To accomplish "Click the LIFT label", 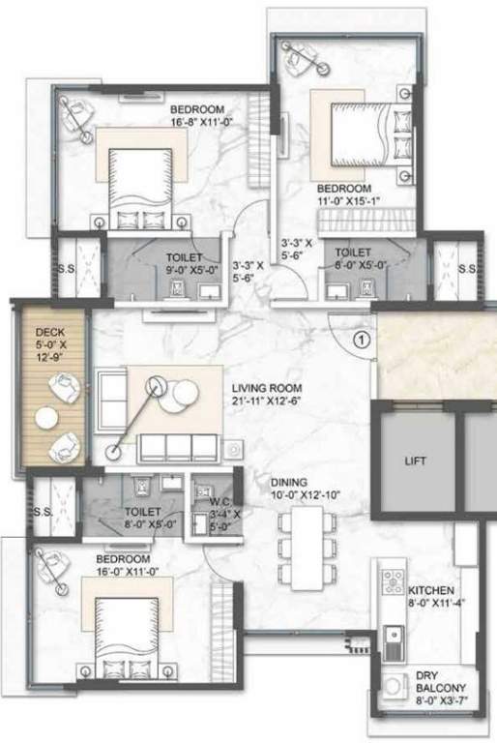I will (x=414, y=461).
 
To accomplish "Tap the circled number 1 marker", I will (x=360, y=340).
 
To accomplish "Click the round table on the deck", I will (x=46, y=417).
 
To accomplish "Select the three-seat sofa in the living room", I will (x=178, y=446).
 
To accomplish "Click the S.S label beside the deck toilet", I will (x=42, y=512).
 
